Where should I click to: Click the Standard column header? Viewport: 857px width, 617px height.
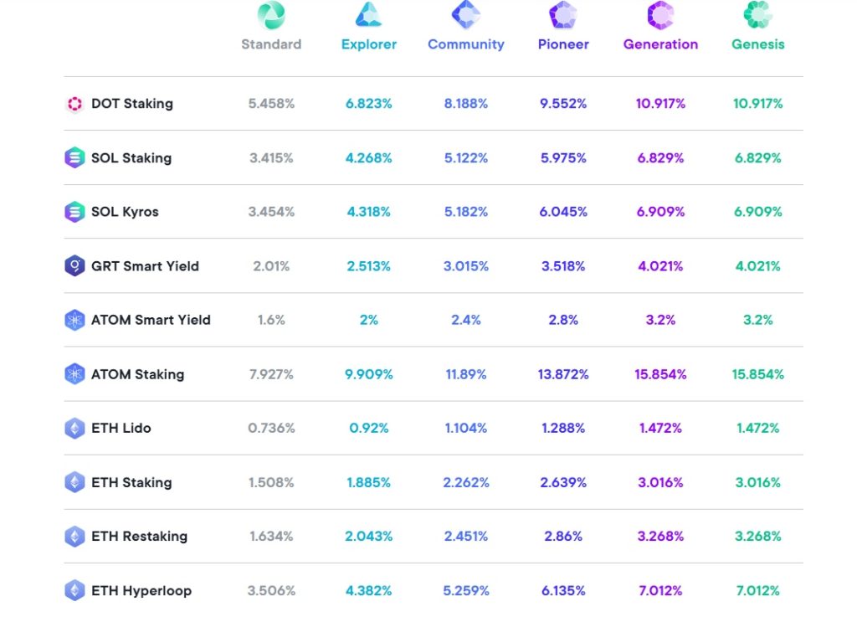pyautogui.click(x=271, y=44)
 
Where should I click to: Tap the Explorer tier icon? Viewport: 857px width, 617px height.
pyautogui.click(x=368, y=15)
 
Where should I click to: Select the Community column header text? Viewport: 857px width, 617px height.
pyautogui.click(x=465, y=44)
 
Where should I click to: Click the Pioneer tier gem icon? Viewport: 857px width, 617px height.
pyautogui.click(x=563, y=15)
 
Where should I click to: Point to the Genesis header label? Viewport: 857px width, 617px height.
pyautogui.click(x=757, y=44)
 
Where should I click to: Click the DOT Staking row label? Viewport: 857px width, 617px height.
pyautogui.click(x=131, y=104)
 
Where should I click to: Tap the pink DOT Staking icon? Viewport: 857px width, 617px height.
pyautogui.click(x=74, y=104)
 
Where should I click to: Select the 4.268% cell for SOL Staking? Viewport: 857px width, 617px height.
pyautogui.click(x=368, y=158)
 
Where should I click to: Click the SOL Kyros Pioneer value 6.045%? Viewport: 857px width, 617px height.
pyautogui.click(x=563, y=212)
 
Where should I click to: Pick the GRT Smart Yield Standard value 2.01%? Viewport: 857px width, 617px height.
pyautogui.click(x=271, y=266)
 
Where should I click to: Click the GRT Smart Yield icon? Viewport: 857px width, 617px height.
pyautogui.click(x=74, y=266)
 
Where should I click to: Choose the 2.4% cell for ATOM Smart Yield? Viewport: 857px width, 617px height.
pyautogui.click(x=465, y=320)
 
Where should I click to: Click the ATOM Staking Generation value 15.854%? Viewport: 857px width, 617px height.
pyautogui.click(x=660, y=374)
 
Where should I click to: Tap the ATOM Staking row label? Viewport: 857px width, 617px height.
pyautogui.click(x=137, y=374)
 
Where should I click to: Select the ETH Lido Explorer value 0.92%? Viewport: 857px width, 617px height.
pyautogui.click(x=368, y=428)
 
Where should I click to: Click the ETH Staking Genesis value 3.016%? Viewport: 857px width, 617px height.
pyautogui.click(x=757, y=482)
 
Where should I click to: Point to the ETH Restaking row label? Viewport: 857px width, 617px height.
pyautogui.click(x=139, y=536)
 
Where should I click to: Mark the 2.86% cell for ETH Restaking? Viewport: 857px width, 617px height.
pyautogui.click(x=563, y=536)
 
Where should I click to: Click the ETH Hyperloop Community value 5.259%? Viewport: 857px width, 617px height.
pyautogui.click(x=465, y=590)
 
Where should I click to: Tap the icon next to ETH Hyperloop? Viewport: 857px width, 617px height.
pyautogui.click(x=74, y=590)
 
